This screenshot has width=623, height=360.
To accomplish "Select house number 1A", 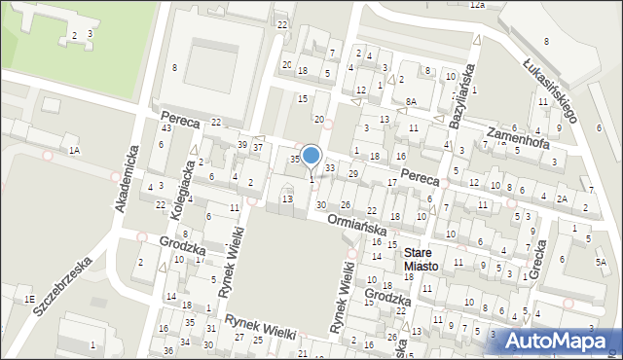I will click(74, 150).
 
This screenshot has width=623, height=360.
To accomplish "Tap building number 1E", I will click(30, 299).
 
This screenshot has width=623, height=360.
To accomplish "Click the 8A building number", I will click(412, 101).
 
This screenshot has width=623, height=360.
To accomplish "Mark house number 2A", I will click(562, 199).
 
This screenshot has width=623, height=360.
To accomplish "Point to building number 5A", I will click(601, 262).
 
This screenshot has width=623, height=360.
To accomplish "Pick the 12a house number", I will click(477, 5).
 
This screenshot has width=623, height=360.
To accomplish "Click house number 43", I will click(166, 128).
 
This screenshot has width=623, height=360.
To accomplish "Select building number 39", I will click(242, 144).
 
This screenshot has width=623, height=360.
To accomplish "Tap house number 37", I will click(258, 147).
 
